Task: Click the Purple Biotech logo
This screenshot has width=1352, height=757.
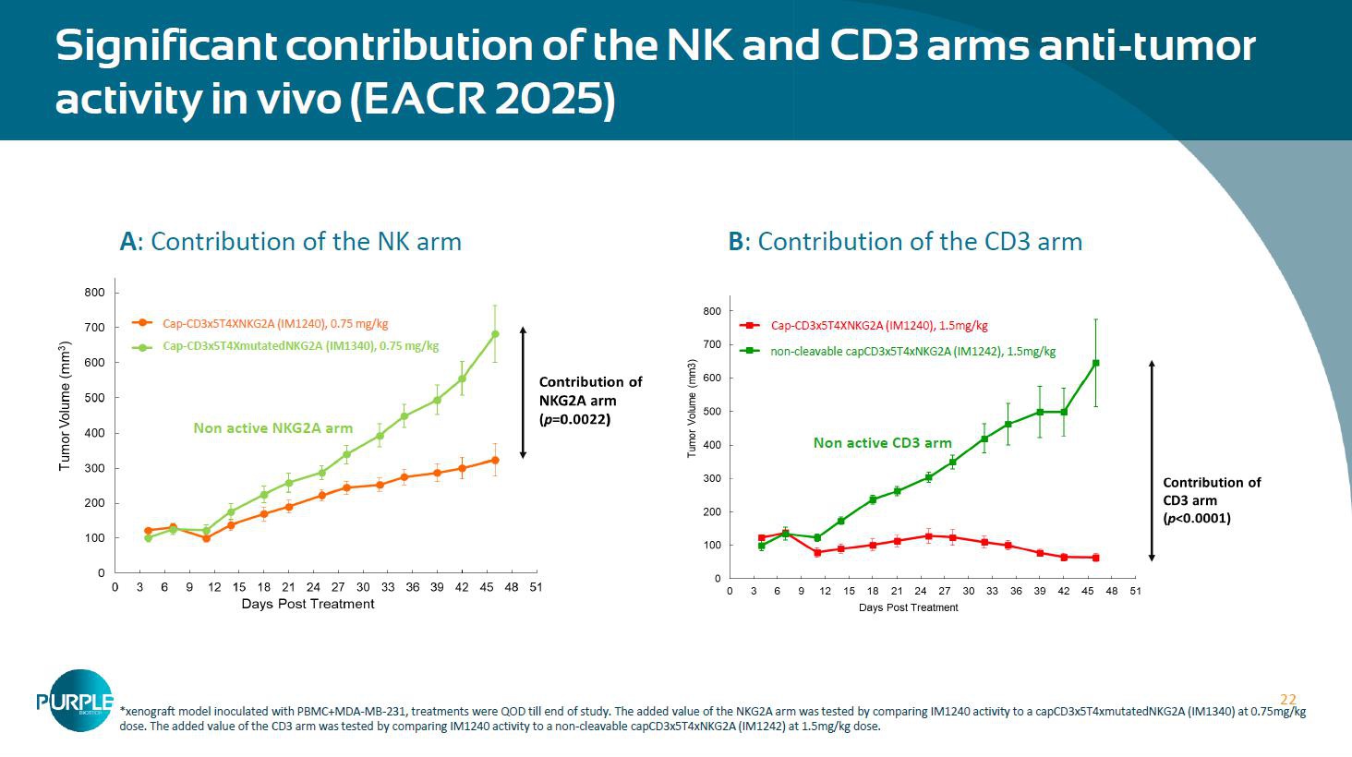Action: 74,701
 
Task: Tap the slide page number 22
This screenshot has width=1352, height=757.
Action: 1287,700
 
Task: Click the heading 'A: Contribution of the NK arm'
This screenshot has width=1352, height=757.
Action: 290,242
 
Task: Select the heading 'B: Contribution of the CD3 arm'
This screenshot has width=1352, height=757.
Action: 905,242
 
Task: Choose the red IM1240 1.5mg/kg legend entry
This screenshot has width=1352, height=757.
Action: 878,326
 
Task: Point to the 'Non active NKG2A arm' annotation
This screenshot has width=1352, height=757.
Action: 272,427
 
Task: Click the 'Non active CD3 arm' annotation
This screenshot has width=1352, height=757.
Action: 882,443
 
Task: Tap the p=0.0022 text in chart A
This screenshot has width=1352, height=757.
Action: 574,419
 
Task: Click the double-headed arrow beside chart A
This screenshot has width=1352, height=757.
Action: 523,392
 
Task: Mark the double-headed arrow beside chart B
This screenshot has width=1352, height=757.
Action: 1152,461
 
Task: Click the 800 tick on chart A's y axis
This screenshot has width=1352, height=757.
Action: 95,293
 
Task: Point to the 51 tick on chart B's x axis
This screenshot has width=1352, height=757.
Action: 1135,591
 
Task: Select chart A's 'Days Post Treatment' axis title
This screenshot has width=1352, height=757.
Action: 308,604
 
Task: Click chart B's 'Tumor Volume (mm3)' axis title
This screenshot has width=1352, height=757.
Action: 692,410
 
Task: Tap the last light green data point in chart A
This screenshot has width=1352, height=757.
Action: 495,334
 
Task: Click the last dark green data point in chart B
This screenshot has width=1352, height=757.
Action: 1095,363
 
